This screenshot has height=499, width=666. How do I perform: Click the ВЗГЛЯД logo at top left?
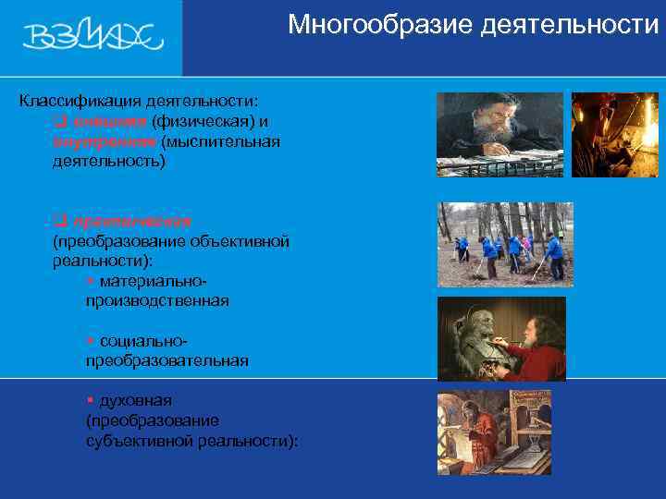[92, 36]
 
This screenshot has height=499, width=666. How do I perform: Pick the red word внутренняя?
[104, 141]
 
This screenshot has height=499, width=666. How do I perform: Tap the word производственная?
[157, 301]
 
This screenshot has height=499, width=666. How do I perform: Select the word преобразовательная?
[166, 360]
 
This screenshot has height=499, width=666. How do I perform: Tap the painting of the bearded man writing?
[499, 135]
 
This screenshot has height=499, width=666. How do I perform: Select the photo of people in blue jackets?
[505, 244]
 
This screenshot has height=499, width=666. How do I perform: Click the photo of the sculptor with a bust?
[501, 338]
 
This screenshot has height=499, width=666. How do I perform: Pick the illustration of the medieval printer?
[494, 432]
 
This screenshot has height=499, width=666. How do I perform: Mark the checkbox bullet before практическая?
[59, 221]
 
